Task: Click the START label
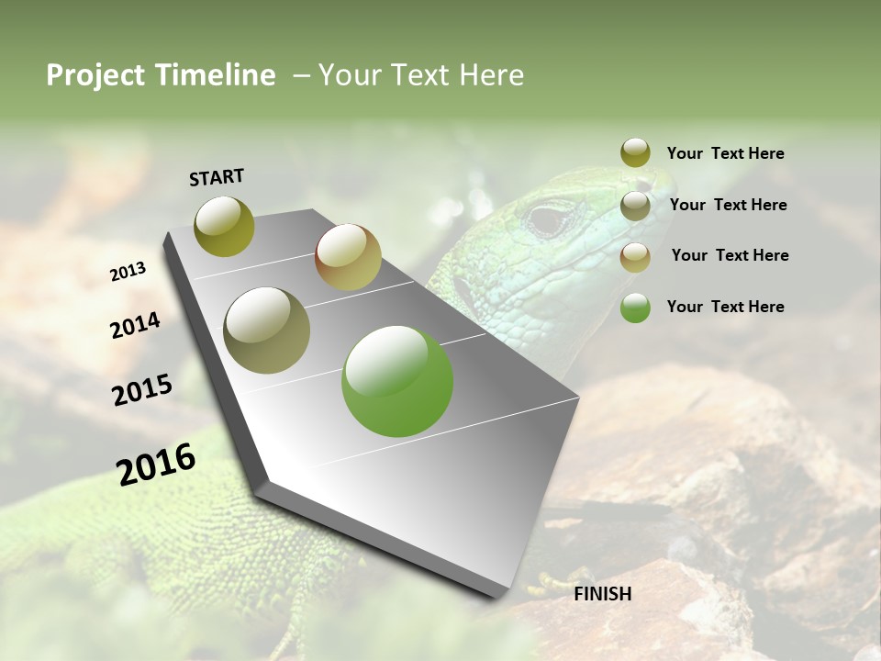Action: (x=217, y=177)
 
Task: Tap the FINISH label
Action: (x=603, y=594)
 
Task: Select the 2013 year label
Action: (x=128, y=272)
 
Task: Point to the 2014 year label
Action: (x=136, y=326)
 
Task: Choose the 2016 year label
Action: (x=156, y=465)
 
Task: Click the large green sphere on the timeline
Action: (x=397, y=381)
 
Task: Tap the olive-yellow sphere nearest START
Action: (x=225, y=226)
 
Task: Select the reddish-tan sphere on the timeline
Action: (x=348, y=257)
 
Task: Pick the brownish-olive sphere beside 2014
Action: (x=267, y=330)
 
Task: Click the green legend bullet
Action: (x=635, y=308)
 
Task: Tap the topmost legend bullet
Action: (x=635, y=152)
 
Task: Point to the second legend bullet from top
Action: (x=635, y=206)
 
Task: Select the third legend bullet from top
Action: (x=635, y=257)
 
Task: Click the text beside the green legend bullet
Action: (x=725, y=307)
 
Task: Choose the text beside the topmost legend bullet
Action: (x=725, y=153)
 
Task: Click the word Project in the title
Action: (x=96, y=75)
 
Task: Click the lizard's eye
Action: (x=549, y=219)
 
